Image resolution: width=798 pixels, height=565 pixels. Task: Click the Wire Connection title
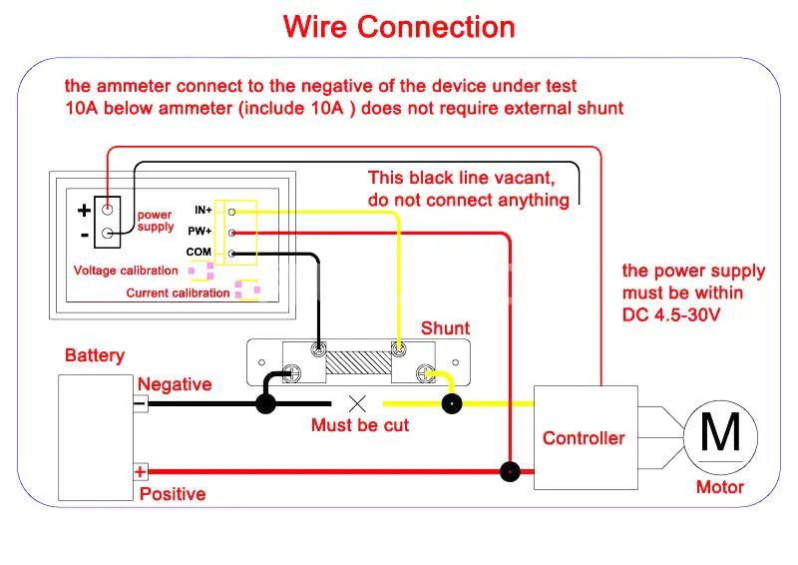[x=399, y=27]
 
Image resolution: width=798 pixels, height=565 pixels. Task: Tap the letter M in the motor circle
[x=720, y=432]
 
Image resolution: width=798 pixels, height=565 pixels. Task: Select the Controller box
[x=586, y=437]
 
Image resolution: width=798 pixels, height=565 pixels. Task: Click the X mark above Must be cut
[x=357, y=404]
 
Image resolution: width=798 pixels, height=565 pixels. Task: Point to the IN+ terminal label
[x=203, y=210]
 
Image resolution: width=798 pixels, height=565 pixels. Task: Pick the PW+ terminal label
[x=199, y=231]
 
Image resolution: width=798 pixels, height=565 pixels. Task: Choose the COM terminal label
[x=199, y=252]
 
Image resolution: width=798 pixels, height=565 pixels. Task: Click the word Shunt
[x=445, y=328]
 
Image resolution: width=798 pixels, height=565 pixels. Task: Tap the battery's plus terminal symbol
[x=141, y=472]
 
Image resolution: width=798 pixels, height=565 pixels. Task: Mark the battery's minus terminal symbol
[x=140, y=404]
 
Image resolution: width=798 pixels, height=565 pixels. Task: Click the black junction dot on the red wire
[x=510, y=472]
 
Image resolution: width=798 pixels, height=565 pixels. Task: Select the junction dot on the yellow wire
[x=452, y=404]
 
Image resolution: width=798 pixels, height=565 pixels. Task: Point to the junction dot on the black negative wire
[x=265, y=404]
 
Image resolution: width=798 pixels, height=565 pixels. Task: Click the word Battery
[x=95, y=355]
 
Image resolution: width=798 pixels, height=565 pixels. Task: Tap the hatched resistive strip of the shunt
[x=358, y=362]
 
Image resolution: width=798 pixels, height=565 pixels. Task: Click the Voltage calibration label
[x=126, y=271]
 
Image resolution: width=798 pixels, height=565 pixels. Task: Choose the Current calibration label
[x=178, y=292]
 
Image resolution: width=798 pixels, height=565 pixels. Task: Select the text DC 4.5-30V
[x=671, y=314]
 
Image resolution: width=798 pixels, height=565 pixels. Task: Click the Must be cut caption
[x=360, y=425]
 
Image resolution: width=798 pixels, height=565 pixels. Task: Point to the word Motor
[x=719, y=487]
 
